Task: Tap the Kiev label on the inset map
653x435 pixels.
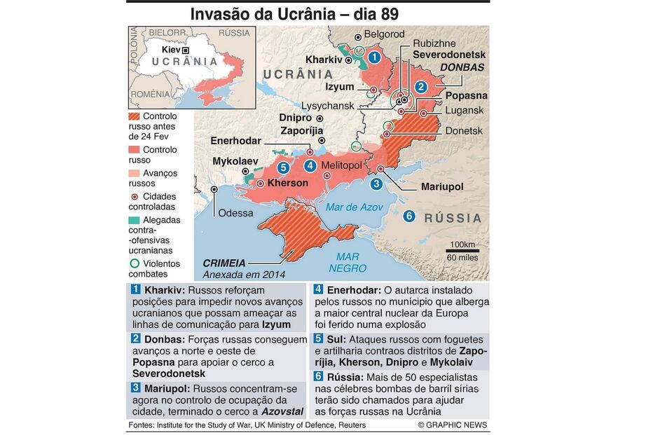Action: (x=171, y=50)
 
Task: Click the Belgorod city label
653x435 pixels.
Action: (x=384, y=34)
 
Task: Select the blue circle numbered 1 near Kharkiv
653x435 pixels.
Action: (x=375, y=57)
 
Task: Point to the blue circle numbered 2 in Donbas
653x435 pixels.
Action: (x=421, y=88)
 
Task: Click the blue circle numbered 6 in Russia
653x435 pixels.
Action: (x=409, y=216)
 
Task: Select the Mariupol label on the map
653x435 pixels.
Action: (x=441, y=187)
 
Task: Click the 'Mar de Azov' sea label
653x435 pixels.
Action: (x=354, y=207)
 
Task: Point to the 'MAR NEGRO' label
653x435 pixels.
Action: (x=347, y=263)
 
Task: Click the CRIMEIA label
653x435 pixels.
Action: (x=224, y=263)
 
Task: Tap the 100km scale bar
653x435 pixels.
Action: (x=460, y=249)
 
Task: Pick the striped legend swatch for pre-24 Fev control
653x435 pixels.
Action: (x=135, y=116)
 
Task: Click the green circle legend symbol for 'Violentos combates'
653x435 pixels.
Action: (x=135, y=264)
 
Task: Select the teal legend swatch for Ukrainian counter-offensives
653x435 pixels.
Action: (x=135, y=220)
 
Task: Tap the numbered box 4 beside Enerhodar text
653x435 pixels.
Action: (x=318, y=290)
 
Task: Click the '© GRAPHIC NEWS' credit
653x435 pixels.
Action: (x=453, y=425)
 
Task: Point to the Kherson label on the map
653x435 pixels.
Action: (x=287, y=183)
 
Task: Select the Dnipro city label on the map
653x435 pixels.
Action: (x=295, y=118)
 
